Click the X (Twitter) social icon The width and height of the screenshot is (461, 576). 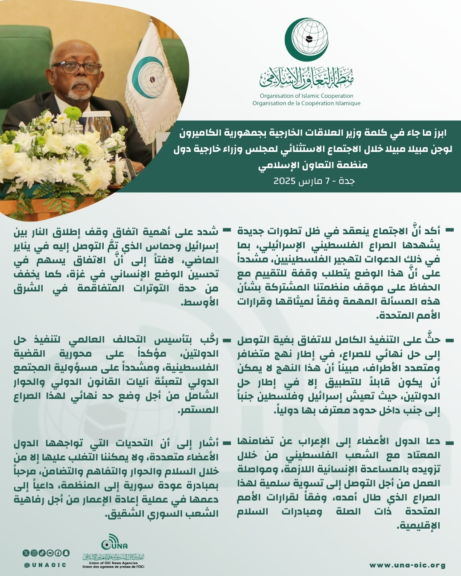26,553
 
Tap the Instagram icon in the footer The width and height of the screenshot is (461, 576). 34,553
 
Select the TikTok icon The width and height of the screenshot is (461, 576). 42,553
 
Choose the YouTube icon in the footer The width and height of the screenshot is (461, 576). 50,553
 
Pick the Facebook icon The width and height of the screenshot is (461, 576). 58,553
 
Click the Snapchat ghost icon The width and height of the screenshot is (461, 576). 66,553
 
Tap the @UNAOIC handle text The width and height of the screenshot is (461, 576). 45,565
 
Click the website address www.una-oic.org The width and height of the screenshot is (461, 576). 408,565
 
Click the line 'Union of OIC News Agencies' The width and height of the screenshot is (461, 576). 114,563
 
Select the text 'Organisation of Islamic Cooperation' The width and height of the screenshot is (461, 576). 306,96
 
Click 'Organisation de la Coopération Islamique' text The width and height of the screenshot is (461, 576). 306,103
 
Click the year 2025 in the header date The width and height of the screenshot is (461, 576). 285,181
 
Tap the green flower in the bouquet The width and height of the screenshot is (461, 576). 73,113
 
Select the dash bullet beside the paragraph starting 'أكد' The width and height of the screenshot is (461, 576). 449,230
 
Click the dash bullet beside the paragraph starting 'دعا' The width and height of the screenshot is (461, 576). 449,441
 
